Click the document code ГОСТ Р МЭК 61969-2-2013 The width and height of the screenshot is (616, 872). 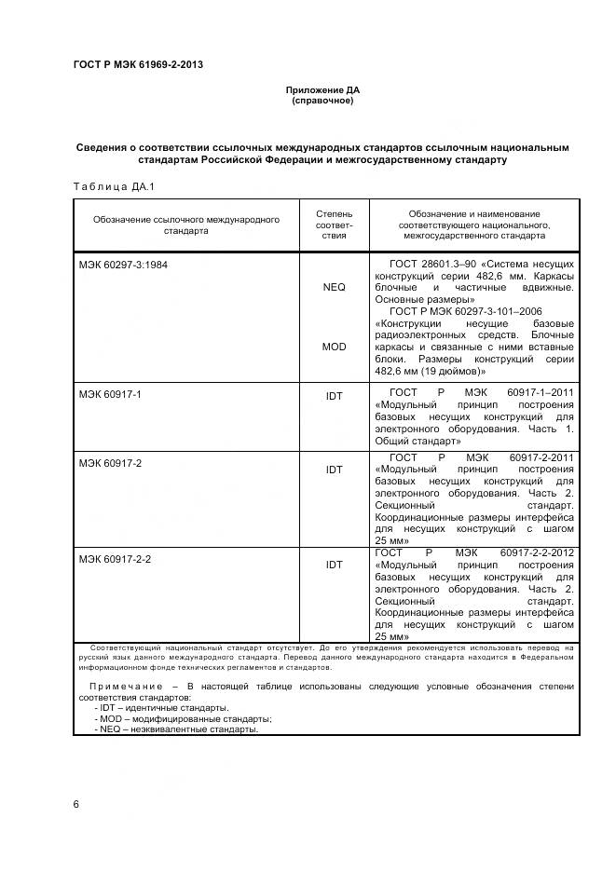point(138,64)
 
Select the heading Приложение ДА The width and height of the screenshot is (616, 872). point(322,90)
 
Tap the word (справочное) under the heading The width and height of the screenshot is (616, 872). point(322,101)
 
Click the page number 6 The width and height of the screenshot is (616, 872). point(76,803)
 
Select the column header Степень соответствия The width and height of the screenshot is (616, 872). point(334,225)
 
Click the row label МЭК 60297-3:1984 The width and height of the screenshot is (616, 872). point(123,264)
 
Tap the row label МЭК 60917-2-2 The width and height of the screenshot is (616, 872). point(115,559)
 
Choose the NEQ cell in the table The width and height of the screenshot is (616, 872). point(334,288)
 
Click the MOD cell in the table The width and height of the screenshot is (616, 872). point(334,347)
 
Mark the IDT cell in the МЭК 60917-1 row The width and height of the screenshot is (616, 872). point(334,396)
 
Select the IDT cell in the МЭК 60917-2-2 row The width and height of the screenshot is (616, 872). point(334,565)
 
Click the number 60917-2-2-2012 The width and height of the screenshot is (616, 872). point(540,553)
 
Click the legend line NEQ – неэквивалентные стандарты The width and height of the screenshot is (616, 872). point(176,729)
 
